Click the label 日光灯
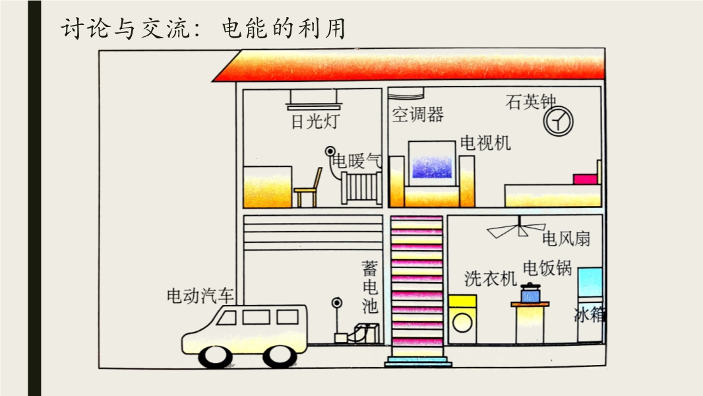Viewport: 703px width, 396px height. (315, 121)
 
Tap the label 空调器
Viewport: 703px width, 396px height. (417, 114)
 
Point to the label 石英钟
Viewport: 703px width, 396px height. (530, 102)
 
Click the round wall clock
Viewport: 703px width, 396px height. (558, 121)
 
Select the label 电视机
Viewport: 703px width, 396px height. (485, 143)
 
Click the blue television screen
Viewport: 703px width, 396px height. (432, 167)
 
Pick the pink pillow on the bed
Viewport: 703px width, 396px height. (586, 180)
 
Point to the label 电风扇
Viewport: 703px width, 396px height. (566, 238)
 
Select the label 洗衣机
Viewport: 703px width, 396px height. (491, 279)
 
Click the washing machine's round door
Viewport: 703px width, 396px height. (462, 323)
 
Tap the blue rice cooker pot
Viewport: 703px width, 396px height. (530, 293)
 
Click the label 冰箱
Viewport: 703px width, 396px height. (589, 315)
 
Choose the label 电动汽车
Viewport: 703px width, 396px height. (200, 296)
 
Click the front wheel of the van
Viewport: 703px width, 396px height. (216, 356)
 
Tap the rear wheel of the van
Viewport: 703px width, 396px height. (280, 356)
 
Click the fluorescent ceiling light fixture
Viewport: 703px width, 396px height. (314, 100)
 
